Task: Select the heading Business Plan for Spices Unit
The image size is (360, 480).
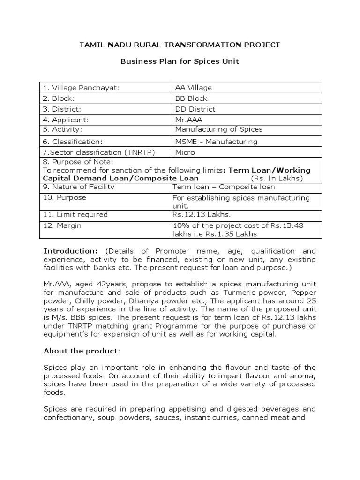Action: coord(180,61)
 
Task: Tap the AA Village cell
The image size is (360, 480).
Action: coord(194,88)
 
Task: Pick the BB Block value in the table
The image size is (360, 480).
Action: coord(191,98)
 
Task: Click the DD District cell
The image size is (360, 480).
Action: coord(195,109)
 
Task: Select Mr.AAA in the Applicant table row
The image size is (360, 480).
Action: coord(186,120)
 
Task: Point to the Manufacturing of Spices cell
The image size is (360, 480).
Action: coord(219,129)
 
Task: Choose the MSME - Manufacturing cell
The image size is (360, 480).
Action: coord(216,142)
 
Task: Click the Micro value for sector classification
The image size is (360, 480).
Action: coord(185,153)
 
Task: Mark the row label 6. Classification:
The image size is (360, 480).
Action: coord(73,142)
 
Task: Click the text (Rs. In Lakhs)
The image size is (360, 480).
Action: coord(277,179)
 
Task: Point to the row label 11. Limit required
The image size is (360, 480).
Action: coord(75,215)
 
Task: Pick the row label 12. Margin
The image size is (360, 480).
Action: coord(62,226)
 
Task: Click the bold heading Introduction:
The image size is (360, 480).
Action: coord(71,251)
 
